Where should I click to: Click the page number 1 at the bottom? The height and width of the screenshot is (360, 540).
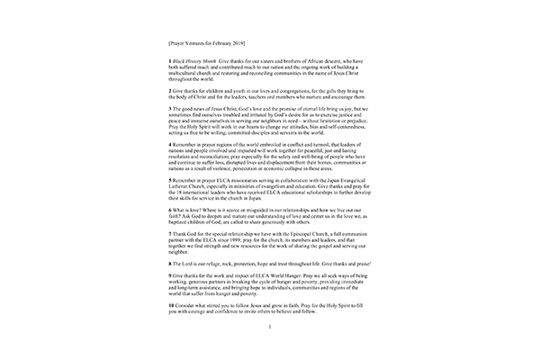pos(270,350)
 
